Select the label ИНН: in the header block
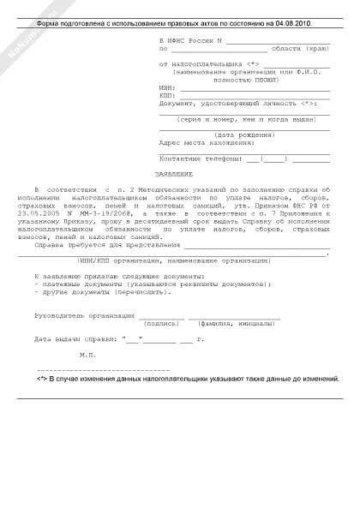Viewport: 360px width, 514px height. [167, 87]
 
